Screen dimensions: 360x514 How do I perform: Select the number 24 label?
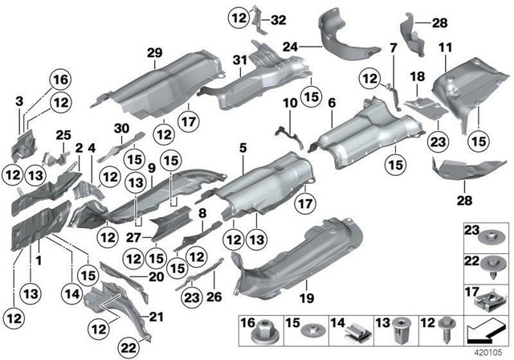click(x=289, y=47)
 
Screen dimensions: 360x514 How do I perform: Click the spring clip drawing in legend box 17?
click(x=490, y=296)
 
